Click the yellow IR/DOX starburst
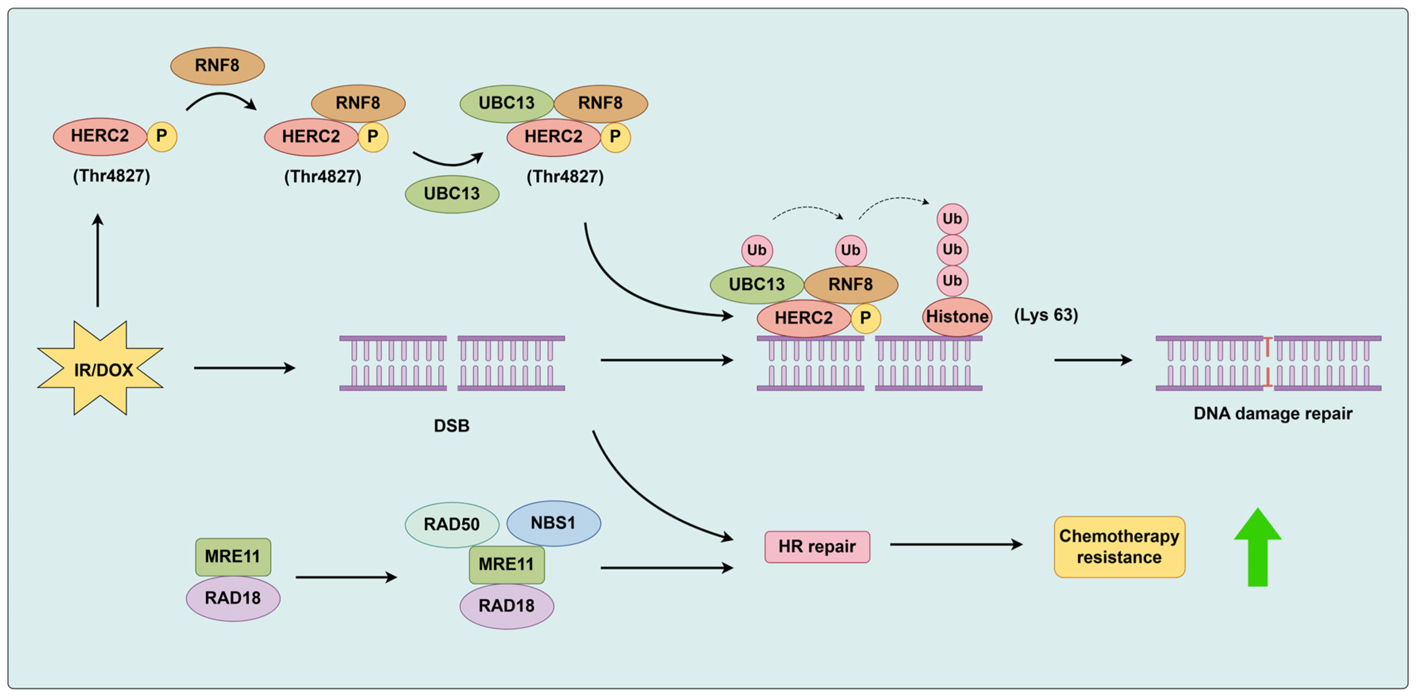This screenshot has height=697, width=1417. (101, 369)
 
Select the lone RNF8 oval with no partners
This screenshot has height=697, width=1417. (217, 65)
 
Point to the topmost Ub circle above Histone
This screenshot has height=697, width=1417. (952, 219)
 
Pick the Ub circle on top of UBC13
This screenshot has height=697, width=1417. (757, 250)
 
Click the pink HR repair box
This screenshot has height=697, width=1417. (817, 546)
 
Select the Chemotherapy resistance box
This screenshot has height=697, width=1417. (1119, 546)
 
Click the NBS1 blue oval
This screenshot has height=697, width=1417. (553, 522)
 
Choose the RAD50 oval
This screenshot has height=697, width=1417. (451, 524)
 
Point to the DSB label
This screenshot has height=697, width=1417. (451, 426)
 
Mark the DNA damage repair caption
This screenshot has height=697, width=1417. (1272, 413)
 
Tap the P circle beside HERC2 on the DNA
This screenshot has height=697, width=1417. (865, 318)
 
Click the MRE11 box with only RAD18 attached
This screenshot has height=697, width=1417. (233, 556)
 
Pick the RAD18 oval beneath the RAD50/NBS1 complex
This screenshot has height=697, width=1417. (507, 606)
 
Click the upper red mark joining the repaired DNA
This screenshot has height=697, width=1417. (1268, 347)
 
